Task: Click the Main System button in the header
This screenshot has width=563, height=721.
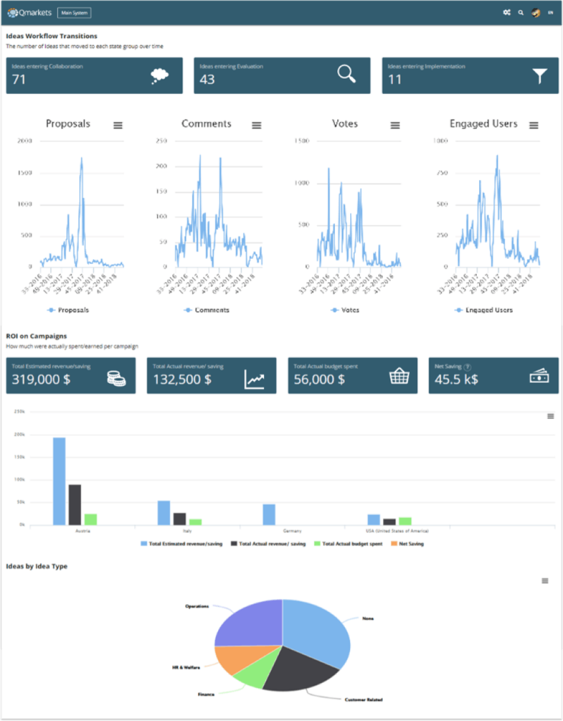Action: click(74, 12)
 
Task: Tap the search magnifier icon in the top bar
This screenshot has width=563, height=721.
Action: click(521, 12)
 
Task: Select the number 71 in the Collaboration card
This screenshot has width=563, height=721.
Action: click(19, 80)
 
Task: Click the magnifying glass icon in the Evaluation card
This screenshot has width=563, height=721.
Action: click(347, 75)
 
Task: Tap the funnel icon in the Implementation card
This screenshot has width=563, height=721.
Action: click(540, 76)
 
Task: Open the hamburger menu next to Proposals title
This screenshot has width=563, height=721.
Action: click(118, 125)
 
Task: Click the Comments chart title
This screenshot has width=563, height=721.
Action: click(206, 124)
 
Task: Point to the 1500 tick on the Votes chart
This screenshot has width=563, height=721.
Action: click(302, 141)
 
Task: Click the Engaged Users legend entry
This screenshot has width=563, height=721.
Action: click(484, 310)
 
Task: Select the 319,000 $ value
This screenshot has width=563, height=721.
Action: click(41, 379)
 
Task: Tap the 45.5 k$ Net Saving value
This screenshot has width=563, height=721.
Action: click(456, 379)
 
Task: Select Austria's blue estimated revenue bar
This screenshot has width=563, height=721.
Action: click(59, 481)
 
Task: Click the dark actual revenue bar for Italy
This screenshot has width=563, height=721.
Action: click(179, 519)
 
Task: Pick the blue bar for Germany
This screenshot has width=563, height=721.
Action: click(269, 514)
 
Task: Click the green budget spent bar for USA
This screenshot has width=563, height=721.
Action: click(405, 521)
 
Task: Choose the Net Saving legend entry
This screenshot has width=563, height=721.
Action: click(411, 544)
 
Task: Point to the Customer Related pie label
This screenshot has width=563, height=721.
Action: click(364, 699)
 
